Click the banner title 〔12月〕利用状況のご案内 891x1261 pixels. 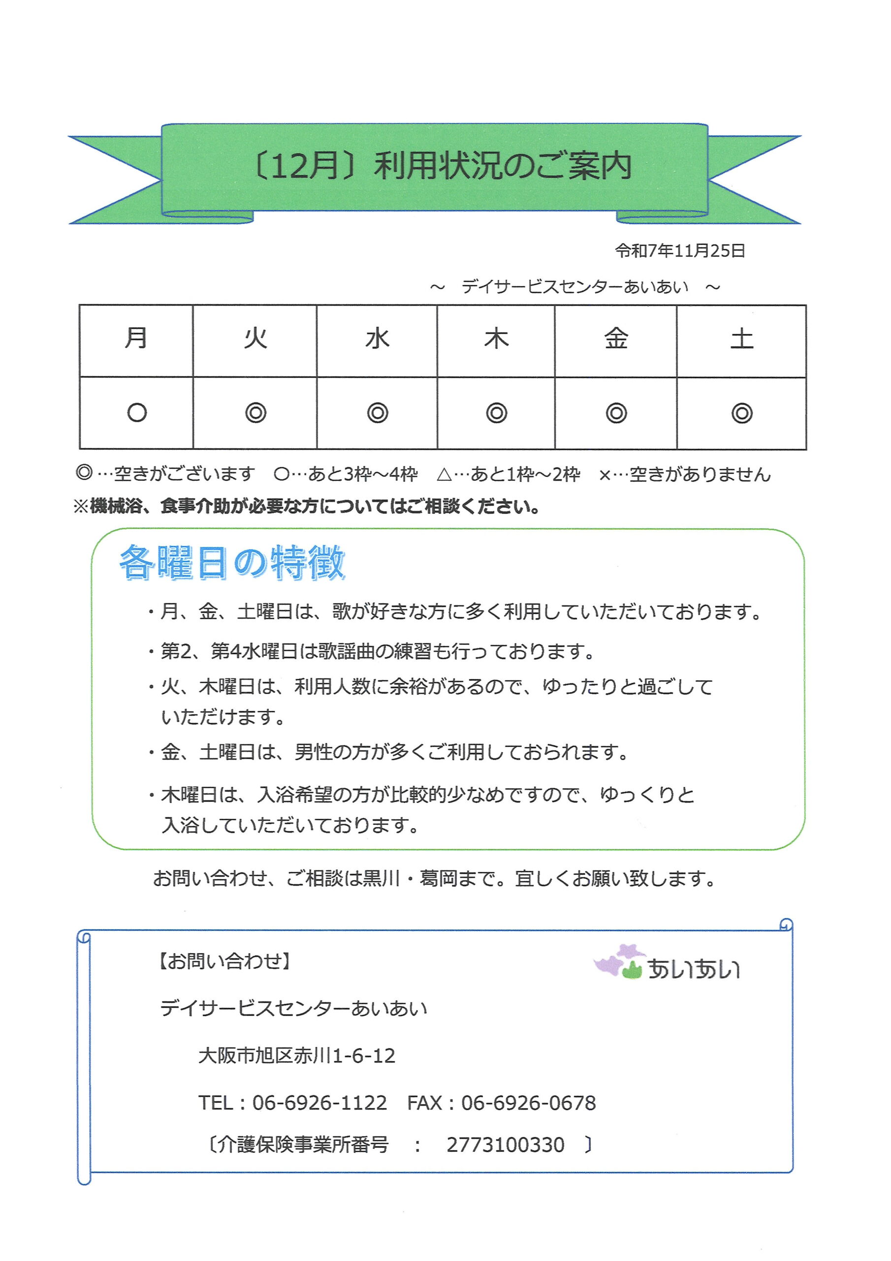[x=443, y=166]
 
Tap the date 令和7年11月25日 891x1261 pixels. [x=680, y=251]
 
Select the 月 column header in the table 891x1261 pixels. [x=136, y=338]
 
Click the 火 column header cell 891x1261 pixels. [x=255, y=338]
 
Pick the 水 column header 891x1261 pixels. [x=377, y=339]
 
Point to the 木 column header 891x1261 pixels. [x=496, y=339]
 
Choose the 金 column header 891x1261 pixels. [x=616, y=339]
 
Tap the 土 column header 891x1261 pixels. [x=742, y=339]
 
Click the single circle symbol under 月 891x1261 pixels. [x=137, y=412]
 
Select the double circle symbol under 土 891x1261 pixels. [x=742, y=413]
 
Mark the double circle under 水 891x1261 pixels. [x=377, y=412]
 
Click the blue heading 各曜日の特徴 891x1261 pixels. [x=232, y=563]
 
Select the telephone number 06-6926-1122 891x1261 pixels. [x=319, y=1103]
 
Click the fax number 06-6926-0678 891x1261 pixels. [x=528, y=1103]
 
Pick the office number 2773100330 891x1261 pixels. [x=505, y=1145]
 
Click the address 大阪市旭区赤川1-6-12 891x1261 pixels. [x=296, y=1056]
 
